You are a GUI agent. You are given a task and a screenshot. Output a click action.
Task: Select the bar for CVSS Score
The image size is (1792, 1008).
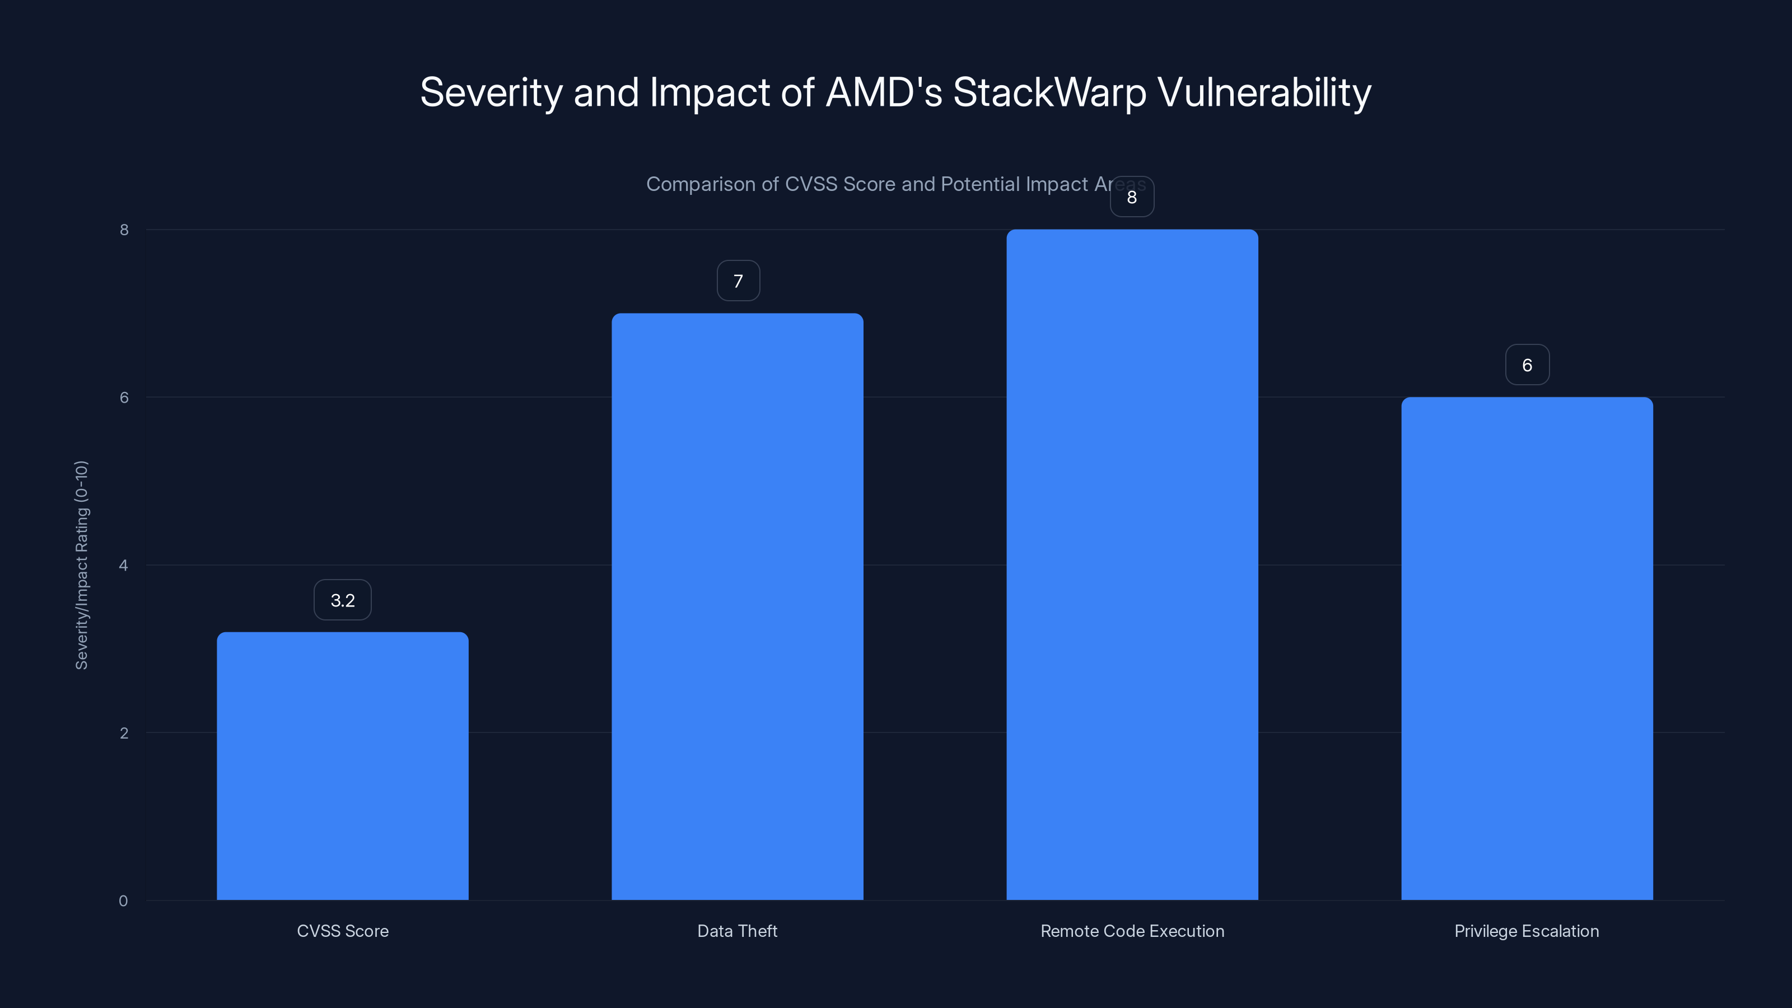pyautogui.click(x=342, y=765)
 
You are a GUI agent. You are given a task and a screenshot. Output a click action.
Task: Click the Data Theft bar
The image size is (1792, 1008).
pyautogui.click(x=738, y=606)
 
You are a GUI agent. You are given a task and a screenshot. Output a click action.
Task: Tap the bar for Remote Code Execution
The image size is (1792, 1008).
pyautogui.click(x=1132, y=564)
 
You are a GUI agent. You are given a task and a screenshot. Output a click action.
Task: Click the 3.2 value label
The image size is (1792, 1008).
pyautogui.click(x=342, y=600)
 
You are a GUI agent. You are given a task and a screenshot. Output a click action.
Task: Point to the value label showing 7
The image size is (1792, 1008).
pyautogui.click(x=738, y=281)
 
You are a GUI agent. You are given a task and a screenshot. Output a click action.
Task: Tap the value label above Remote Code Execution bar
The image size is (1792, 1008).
pyautogui.click(x=1132, y=197)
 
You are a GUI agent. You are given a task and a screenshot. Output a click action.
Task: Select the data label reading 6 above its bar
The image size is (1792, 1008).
pyautogui.click(x=1527, y=365)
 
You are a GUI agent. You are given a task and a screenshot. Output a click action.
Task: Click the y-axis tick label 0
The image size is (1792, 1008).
pyautogui.click(x=123, y=901)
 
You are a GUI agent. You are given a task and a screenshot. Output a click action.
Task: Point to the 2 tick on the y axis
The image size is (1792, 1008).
pyautogui.click(x=124, y=732)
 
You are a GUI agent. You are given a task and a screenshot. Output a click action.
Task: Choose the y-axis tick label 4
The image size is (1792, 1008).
pyautogui.click(x=123, y=565)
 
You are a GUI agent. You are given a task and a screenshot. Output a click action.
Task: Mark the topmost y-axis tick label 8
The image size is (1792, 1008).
pyautogui.click(x=124, y=230)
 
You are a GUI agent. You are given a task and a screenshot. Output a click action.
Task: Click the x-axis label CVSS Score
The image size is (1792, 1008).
pyautogui.click(x=342, y=931)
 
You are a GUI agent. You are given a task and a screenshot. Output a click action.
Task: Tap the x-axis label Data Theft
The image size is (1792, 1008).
pyautogui.click(x=738, y=931)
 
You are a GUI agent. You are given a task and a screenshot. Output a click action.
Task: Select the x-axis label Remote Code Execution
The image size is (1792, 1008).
pyautogui.click(x=1132, y=931)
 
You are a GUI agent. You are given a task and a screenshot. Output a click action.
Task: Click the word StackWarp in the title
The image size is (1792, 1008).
pyautogui.click(x=1049, y=92)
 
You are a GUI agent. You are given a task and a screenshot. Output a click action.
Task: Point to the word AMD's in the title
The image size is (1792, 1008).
pyautogui.click(x=884, y=92)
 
